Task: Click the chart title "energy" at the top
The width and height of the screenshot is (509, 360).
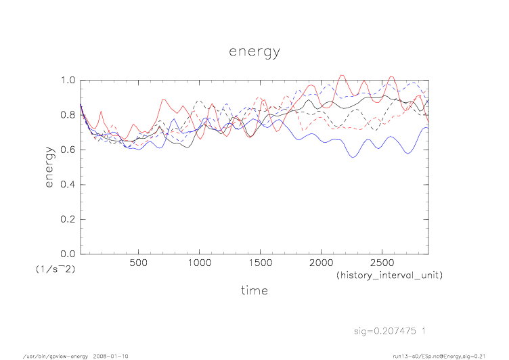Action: pyautogui.click(x=254, y=52)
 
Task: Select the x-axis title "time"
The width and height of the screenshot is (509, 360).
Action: pyautogui.click(x=254, y=290)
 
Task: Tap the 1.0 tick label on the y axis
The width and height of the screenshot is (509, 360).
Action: pyautogui.click(x=68, y=80)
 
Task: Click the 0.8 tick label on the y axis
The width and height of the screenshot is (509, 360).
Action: pyautogui.click(x=68, y=115)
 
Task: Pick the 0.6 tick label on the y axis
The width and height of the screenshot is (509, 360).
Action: pyautogui.click(x=68, y=150)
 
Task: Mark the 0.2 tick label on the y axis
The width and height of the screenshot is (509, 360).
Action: pyautogui.click(x=68, y=219)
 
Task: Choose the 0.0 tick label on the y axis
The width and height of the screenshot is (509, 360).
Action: pyautogui.click(x=68, y=254)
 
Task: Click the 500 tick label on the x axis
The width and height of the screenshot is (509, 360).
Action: pyautogui.click(x=138, y=263)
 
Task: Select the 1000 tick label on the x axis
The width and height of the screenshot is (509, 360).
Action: pyautogui.click(x=198, y=263)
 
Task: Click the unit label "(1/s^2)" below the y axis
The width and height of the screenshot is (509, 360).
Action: pyautogui.click(x=54, y=269)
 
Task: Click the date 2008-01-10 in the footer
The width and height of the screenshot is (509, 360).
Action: pyautogui.click(x=110, y=355)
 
